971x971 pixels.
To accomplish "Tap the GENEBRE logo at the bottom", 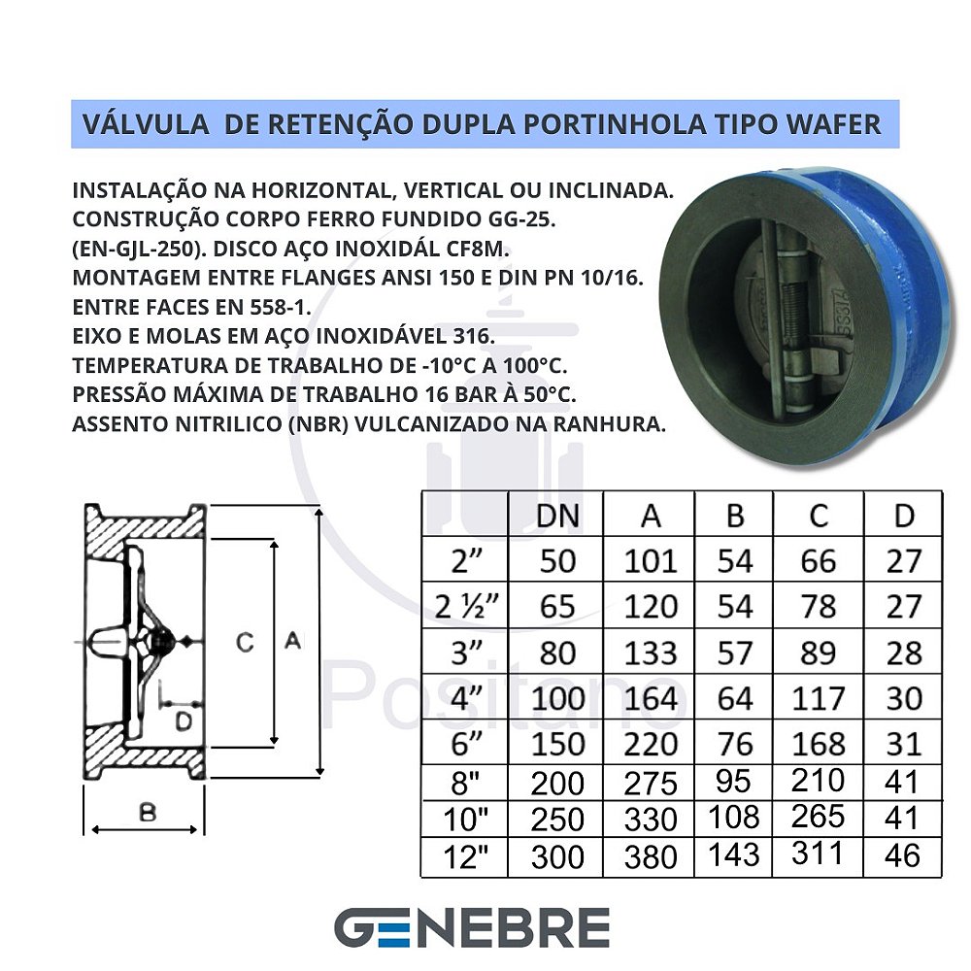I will [x=472, y=928].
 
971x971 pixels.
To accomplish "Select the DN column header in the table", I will [x=557, y=516].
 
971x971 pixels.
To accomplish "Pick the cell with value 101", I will [x=651, y=561].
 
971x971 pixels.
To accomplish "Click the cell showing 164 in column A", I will [x=651, y=697].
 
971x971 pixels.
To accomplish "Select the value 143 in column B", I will [x=735, y=854].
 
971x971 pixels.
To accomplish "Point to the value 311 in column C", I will [x=818, y=853].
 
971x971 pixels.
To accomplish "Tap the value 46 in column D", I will [x=903, y=854].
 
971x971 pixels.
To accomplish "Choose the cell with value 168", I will [x=818, y=744].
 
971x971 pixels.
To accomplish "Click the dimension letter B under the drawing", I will [x=147, y=813].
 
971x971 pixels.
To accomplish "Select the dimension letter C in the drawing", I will [x=246, y=642].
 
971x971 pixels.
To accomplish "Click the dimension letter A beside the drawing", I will [x=292, y=641].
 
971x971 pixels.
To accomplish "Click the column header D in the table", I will [x=904, y=516].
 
